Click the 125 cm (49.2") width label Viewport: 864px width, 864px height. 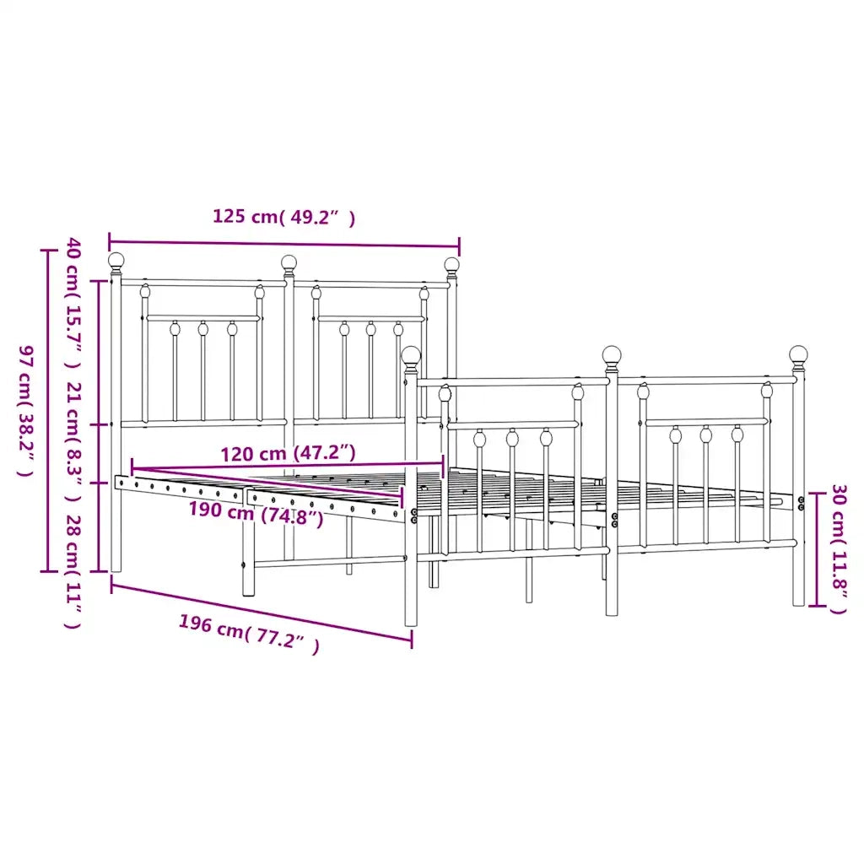[x=283, y=217]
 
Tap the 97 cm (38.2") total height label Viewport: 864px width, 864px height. [x=26, y=411]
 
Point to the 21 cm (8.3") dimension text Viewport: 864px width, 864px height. [x=74, y=441]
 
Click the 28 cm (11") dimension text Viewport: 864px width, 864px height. [x=74, y=571]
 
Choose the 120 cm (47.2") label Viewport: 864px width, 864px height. [x=289, y=453]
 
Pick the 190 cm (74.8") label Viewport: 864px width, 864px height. [x=256, y=512]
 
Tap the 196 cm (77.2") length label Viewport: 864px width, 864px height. [x=249, y=634]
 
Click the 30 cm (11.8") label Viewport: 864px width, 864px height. [x=838, y=549]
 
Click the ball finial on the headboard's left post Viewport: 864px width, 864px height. [x=116, y=262]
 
